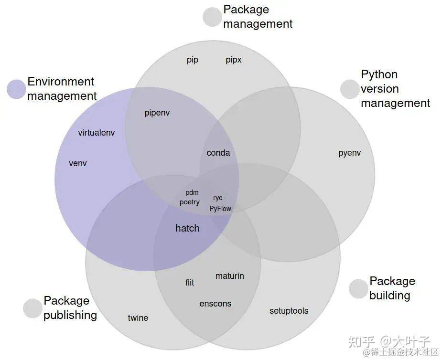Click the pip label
pyautogui.click(x=193, y=60)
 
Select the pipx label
pyautogui.click(x=234, y=60)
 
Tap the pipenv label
pyautogui.click(x=157, y=113)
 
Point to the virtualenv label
pyautogui.click(x=97, y=133)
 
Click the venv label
pyautogui.click(x=78, y=163)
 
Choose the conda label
pyautogui.click(x=218, y=153)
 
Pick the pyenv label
pyautogui.click(x=350, y=153)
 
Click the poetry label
pyautogui.click(x=190, y=202)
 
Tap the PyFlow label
pyautogui.click(x=220, y=209)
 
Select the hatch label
pyautogui.click(x=187, y=228)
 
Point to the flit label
pyautogui.click(x=190, y=283)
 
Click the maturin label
pyautogui.click(x=230, y=276)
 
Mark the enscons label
pyautogui.click(x=216, y=304)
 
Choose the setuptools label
pyautogui.click(x=289, y=311)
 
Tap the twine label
pyautogui.click(x=138, y=318)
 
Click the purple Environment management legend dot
pyautogui.click(x=16, y=89)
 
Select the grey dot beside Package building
pyautogui.click(x=358, y=289)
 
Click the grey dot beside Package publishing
pyautogui.click(x=32, y=308)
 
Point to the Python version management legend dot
pyautogui.click(x=350, y=89)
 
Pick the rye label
pyautogui.click(x=218, y=198)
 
